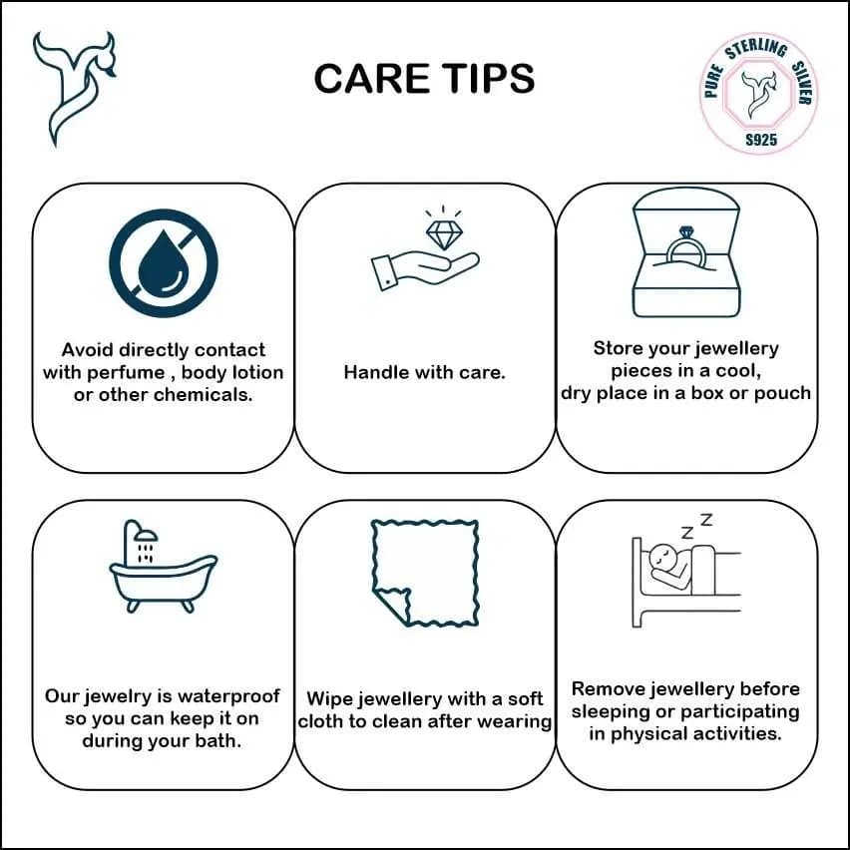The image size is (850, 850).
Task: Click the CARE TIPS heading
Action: coord(424,79)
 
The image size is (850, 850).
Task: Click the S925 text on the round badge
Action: coord(761,140)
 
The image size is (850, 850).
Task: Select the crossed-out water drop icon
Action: coord(164,263)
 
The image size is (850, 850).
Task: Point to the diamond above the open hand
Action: coord(443,234)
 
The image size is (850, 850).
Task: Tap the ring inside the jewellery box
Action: coord(685,248)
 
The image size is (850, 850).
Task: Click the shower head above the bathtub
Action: coord(146,535)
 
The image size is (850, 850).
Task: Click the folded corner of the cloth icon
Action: coord(393,606)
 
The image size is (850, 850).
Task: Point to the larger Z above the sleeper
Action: coord(705,520)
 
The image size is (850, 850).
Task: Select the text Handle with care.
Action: coord(424,372)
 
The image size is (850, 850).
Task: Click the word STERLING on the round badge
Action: coord(757,49)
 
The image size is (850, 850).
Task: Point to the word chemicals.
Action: coord(204,395)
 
